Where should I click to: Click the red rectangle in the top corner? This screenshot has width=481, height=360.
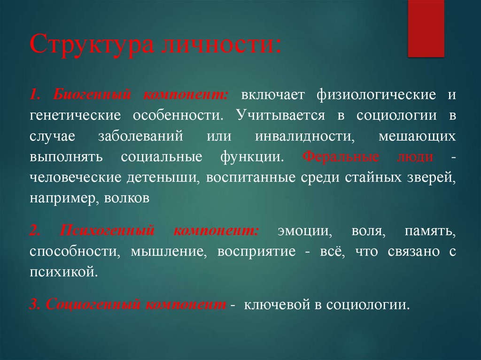pyautogui.click(x=426, y=28)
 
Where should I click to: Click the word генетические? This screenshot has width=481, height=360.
pyautogui.click(x=76, y=115)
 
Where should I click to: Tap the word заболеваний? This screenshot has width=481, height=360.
pyautogui.click(x=140, y=136)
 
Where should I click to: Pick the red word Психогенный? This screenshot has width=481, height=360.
pyautogui.click(x=108, y=231)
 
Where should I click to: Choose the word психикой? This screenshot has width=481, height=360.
pyautogui.click(x=64, y=272)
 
